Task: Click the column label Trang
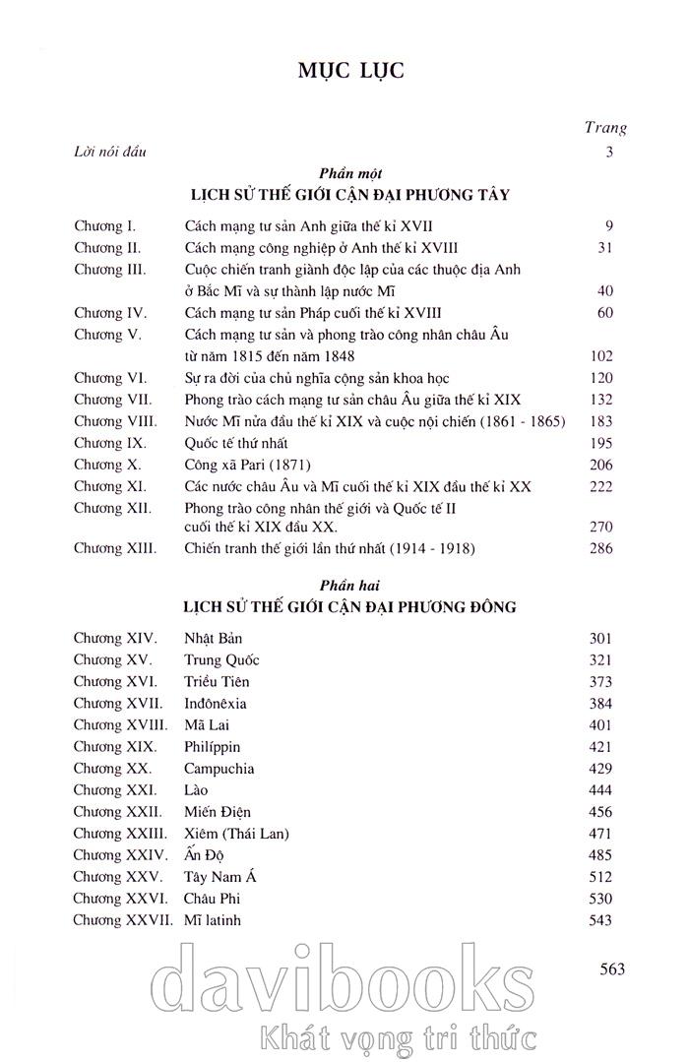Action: (605, 127)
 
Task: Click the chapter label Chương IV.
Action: (110, 313)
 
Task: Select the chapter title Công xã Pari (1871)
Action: (250, 465)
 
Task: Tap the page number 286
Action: (599, 548)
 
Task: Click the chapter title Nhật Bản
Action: (213, 639)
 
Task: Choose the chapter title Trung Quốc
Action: (221, 660)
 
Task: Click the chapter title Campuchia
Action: (219, 769)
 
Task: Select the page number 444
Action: (599, 790)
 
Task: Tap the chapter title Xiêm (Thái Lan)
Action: (237, 834)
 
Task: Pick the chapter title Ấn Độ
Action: (205, 855)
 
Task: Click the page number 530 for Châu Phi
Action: (599, 899)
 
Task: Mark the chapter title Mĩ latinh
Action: (213, 920)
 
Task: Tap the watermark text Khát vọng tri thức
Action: (393, 1036)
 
